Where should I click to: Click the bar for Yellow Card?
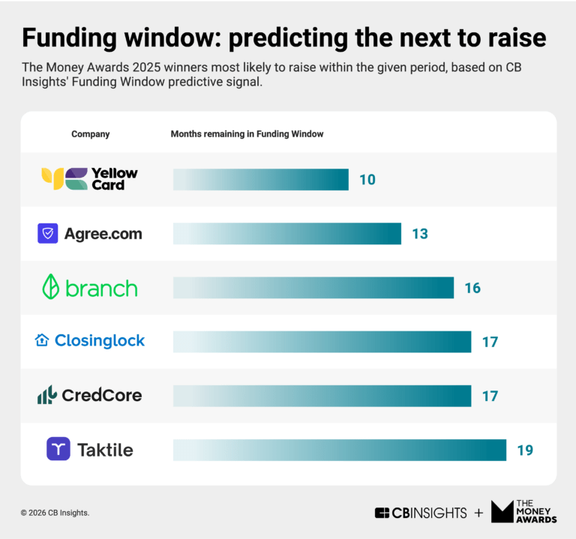pos(261,180)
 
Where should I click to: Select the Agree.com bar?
pos(287,234)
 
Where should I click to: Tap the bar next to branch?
pos(313,288)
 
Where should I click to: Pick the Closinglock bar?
pos(322,342)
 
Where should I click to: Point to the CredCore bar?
pos(322,396)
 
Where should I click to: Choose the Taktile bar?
pos(340,450)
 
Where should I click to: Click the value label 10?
pos(367,180)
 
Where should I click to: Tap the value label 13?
pos(420,234)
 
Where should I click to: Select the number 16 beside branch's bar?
pos(472,288)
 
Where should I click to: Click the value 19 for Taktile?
pos(525,451)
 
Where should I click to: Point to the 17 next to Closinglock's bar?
pos(490,342)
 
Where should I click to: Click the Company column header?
pos(90,134)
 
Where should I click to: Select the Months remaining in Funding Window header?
pos(247,134)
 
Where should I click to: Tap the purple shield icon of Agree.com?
pos(48,233)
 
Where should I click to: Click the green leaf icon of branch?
pos(51,286)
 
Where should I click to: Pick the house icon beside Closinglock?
pos(42,340)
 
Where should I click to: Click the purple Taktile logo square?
pos(58,449)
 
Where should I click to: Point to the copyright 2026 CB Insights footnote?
pos(55,513)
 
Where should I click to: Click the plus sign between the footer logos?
pos(478,513)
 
